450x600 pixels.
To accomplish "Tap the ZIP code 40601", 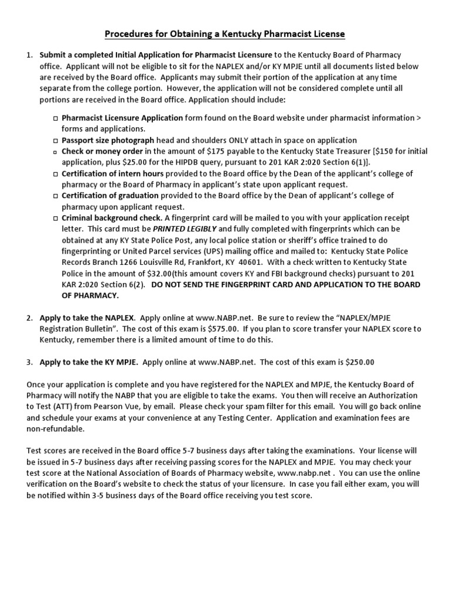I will (x=248, y=262).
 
